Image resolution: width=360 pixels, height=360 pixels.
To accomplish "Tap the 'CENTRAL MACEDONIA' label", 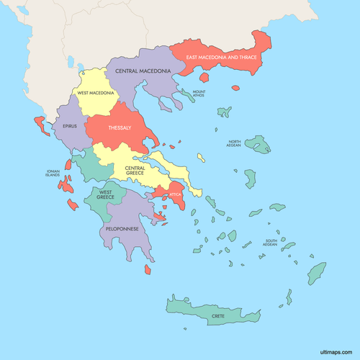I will pos(143,71).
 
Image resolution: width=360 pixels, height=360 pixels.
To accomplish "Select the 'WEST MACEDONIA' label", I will pos(96,93).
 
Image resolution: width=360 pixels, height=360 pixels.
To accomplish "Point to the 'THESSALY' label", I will pos(119,127).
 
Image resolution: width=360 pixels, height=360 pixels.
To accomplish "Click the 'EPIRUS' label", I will pos(70,125).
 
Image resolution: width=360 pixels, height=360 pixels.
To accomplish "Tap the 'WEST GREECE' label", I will pos(106,195).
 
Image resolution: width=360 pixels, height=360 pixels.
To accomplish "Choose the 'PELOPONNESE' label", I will pos(122,228).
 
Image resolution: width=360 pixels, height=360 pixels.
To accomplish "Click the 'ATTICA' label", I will pos(175,194).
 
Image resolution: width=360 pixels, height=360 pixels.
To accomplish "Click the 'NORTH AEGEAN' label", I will pos(235,144).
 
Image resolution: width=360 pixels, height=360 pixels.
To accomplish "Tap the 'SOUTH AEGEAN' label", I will pos(270,243).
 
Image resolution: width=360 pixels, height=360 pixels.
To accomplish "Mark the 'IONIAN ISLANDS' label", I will pos(53,174).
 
